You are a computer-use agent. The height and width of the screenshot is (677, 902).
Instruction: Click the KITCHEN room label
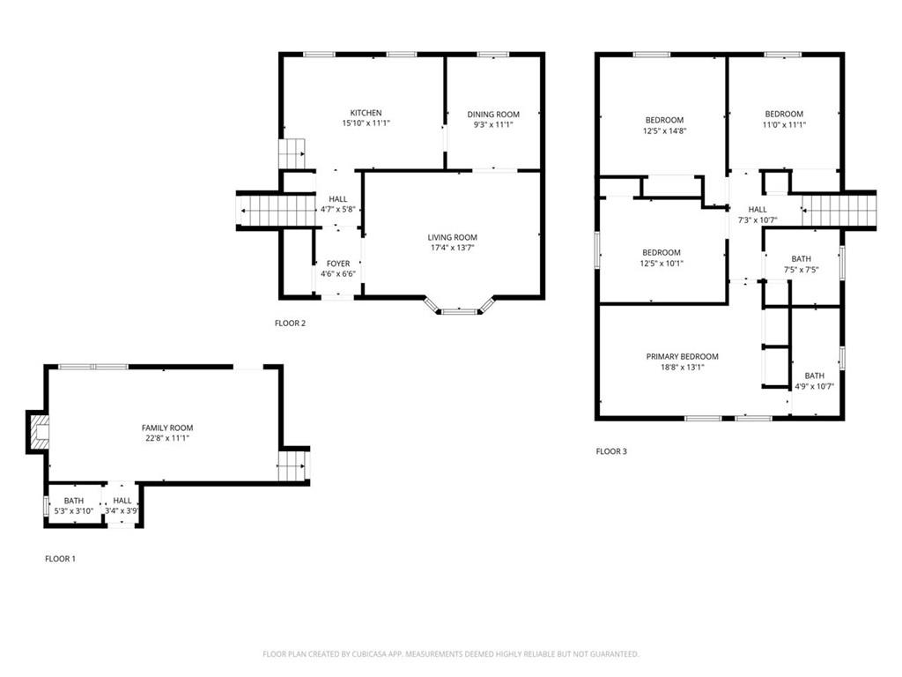click(x=366, y=113)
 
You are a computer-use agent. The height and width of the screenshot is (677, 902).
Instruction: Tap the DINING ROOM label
click(x=493, y=115)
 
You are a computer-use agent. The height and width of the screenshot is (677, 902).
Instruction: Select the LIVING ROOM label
click(x=452, y=237)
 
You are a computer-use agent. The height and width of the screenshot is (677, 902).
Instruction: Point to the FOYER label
click(x=338, y=264)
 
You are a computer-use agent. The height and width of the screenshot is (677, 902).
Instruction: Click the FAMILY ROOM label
click(x=167, y=428)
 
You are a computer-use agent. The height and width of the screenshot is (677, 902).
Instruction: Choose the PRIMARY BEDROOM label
click(x=683, y=356)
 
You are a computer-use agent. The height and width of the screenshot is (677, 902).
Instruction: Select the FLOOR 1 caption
click(x=61, y=558)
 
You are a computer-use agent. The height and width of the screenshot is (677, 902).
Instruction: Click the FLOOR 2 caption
click(x=290, y=323)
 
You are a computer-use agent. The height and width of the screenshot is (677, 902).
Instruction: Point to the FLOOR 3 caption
click(x=611, y=451)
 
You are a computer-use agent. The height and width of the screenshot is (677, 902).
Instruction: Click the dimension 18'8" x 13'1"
click(x=683, y=368)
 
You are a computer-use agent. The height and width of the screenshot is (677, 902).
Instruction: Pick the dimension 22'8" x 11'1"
click(x=167, y=438)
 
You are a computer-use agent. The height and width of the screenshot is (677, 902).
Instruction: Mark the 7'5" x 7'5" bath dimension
click(x=801, y=270)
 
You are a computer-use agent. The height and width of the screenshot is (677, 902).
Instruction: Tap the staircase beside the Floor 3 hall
click(x=839, y=211)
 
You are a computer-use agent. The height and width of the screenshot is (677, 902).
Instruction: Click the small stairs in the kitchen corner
click(x=292, y=153)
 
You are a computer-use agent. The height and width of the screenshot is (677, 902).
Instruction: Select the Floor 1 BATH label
click(x=74, y=501)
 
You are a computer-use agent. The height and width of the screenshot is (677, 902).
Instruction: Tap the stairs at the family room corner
click(x=292, y=465)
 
